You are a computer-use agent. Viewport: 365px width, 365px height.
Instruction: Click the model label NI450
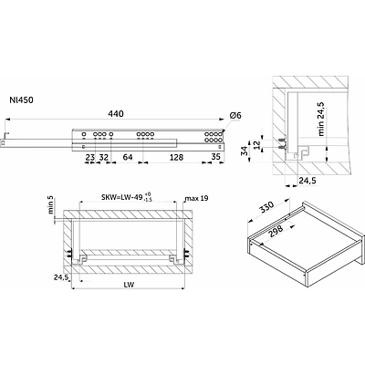[x=21, y=99]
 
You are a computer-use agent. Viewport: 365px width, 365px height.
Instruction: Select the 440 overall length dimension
[x=116, y=114]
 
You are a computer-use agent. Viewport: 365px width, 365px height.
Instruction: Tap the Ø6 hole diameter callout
[x=235, y=115]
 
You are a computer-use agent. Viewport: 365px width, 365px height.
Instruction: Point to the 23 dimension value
[x=90, y=157]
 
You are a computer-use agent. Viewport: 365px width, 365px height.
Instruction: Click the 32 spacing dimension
[x=104, y=157]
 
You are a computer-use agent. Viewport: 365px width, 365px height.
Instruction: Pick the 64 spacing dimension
[x=128, y=157]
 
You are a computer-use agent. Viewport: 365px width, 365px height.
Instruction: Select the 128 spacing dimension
[x=176, y=157]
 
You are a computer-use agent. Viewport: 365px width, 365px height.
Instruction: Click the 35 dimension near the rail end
[x=215, y=157]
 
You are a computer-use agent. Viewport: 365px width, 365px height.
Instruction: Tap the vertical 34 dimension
[x=245, y=151]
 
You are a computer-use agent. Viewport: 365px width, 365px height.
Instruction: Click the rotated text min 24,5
[x=321, y=119]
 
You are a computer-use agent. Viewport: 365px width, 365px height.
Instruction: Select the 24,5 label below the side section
[x=308, y=181]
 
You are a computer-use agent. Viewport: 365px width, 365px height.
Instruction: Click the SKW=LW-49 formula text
[x=122, y=197]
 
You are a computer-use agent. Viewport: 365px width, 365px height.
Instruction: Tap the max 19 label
[x=197, y=198]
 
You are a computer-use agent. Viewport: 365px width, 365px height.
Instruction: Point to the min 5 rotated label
[x=51, y=204]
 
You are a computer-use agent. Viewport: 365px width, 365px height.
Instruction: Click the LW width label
[x=129, y=285]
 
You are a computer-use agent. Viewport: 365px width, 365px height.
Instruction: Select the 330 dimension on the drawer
[x=266, y=209]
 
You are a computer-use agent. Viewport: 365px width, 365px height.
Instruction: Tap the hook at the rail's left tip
[x=5, y=135]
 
